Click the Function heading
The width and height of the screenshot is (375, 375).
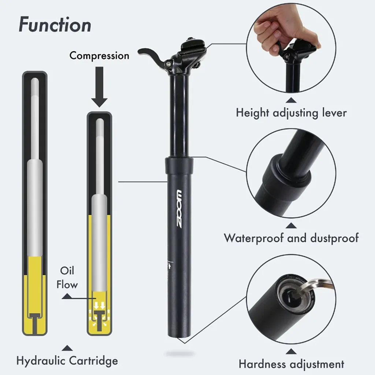tap(55, 25)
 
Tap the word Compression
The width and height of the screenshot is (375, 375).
tap(99, 56)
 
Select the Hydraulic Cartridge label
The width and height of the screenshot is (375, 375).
tap(67, 360)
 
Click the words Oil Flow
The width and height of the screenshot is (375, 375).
tap(67, 278)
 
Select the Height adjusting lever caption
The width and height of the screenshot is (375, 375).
tap(291, 112)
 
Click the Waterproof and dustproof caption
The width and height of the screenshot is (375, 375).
tap(291, 238)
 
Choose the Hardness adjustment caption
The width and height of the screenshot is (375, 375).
tap(291, 364)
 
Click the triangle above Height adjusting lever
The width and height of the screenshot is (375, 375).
tap(292, 99)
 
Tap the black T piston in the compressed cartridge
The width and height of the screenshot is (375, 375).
tap(99, 318)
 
